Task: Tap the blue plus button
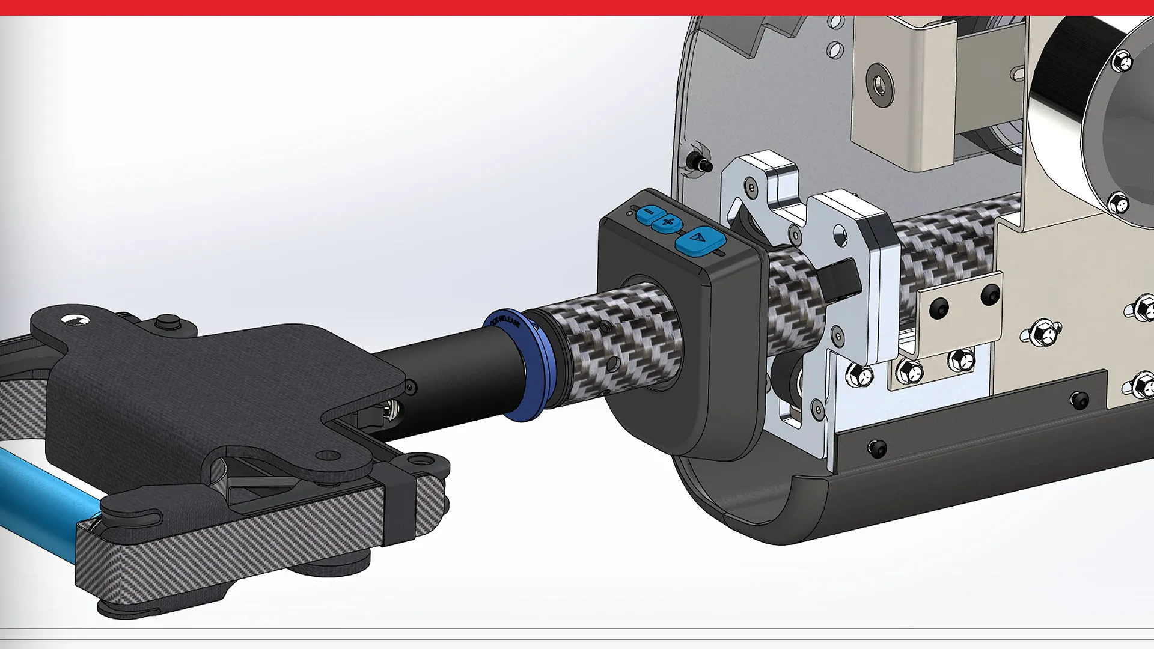[668, 223]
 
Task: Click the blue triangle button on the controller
[700, 241]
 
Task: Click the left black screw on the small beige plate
[936, 308]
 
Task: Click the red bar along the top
[577, 7]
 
